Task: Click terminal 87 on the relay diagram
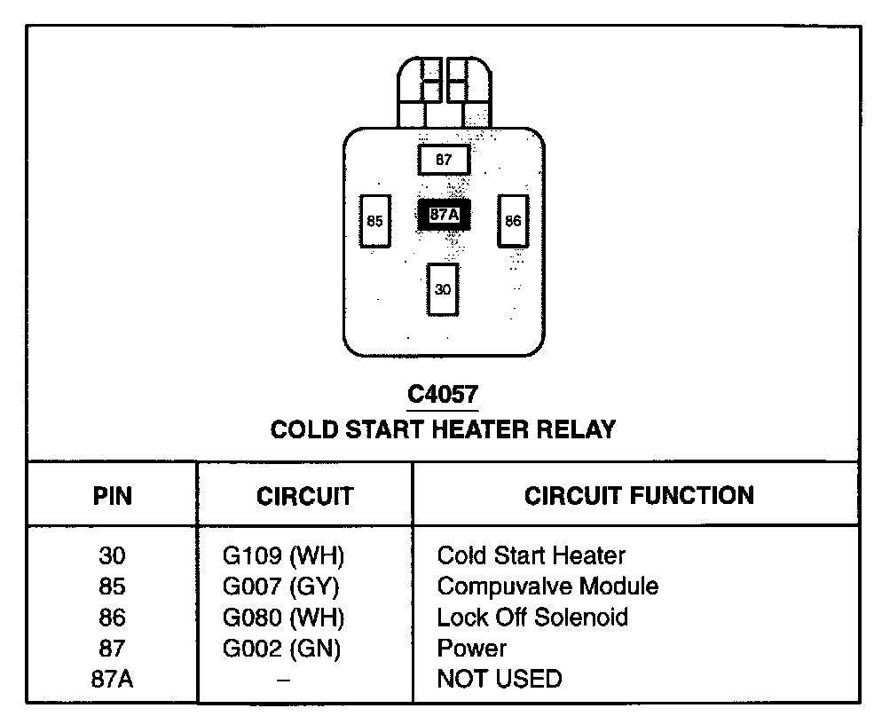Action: pos(444,161)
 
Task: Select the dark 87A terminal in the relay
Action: pos(444,215)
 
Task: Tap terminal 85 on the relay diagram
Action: pos(374,221)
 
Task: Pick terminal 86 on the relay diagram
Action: pos(513,221)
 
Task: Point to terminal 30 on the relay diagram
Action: pos(443,289)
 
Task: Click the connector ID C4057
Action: pos(443,394)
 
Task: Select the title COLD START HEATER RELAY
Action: pos(443,429)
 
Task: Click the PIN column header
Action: pos(113,496)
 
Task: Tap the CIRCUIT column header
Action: pos(304,496)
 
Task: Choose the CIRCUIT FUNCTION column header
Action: pos(639,494)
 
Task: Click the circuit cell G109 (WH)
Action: pos(283,556)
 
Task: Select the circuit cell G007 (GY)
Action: pos(281,586)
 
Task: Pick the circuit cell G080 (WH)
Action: pos(283,617)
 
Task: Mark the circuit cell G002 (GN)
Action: pos(282,648)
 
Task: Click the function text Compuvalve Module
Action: pos(547,586)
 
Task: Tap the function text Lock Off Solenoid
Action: pos(532,617)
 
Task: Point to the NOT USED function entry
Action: pos(500,679)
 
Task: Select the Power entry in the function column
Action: pos(472,648)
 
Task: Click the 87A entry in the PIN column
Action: pos(113,679)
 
